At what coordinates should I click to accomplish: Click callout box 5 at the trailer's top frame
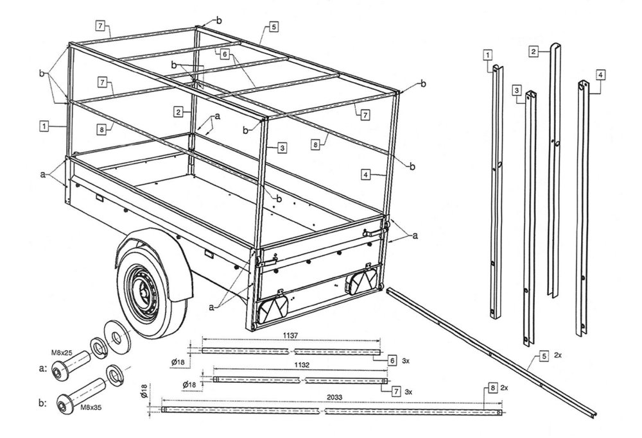(x=274, y=28)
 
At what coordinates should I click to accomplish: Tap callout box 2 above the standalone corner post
(x=534, y=50)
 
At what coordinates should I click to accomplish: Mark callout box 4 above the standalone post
(x=600, y=75)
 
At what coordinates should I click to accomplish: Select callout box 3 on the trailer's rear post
(x=282, y=147)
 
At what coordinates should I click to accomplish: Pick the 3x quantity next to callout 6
(x=406, y=362)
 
